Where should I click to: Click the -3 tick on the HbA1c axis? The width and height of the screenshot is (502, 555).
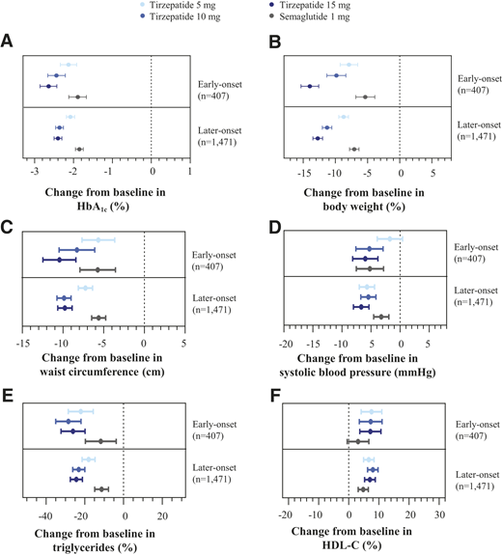point(35,172)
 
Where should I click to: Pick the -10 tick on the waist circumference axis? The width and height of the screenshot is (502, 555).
point(62,343)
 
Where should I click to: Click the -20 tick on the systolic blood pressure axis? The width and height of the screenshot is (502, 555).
point(286,343)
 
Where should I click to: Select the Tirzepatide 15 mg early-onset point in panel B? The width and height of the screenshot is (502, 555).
point(310,87)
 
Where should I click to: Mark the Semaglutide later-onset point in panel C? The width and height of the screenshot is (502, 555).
point(98,318)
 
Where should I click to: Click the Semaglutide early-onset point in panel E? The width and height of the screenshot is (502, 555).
point(100,441)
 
